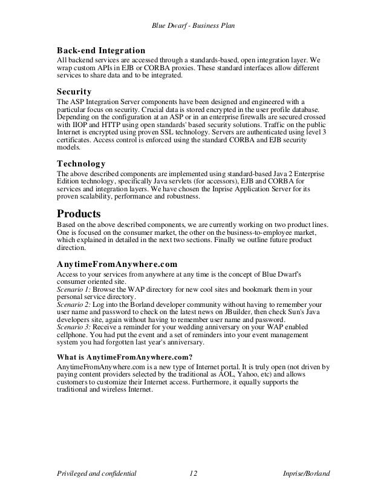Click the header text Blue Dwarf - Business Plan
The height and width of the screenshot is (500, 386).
[192, 25]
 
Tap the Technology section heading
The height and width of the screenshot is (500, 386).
[81, 163]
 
